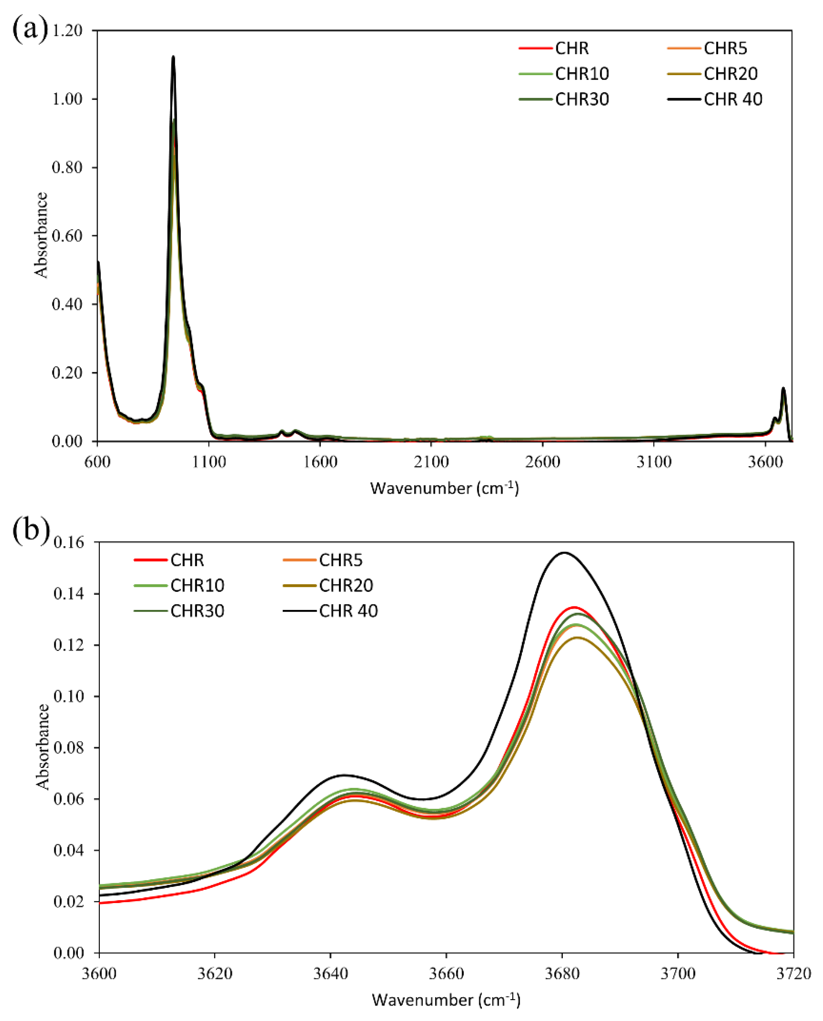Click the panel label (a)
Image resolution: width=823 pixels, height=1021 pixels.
pyautogui.click(x=29, y=29)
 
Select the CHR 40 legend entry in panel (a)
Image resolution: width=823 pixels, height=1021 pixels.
pyautogui.click(x=733, y=99)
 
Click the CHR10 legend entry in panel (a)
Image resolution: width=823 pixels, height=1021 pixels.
pyautogui.click(x=582, y=74)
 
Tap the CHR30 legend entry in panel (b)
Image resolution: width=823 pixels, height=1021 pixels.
pyautogui.click(x=197, y=611)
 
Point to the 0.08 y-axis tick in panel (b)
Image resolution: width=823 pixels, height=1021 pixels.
pyautogui.click(x=69, y=748)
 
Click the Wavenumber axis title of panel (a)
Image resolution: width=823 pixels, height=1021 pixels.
pyautogui.click(x=444, y=489)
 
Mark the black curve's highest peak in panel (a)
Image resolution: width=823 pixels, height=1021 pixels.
pyautogui.click(x=173, y=57)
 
